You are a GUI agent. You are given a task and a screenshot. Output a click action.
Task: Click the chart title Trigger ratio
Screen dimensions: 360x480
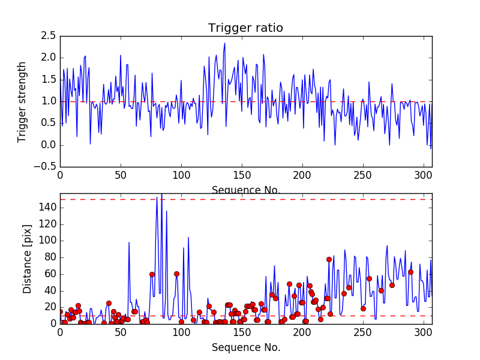(x=245, y=28)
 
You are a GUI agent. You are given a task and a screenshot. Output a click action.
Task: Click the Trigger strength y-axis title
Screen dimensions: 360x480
(x=22, y=101)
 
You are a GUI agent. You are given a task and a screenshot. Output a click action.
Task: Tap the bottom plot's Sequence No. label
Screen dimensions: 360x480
(x=246, y=347)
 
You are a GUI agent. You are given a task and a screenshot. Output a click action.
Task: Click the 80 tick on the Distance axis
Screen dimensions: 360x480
(x=50, y=257)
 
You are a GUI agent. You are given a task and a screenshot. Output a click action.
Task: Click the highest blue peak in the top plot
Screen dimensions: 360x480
(x=225, y=43)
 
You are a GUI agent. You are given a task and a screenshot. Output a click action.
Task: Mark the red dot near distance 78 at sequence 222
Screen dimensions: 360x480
(x=329, y=259)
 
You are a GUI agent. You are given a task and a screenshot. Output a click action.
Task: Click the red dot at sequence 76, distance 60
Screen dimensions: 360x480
(x=152, y=274)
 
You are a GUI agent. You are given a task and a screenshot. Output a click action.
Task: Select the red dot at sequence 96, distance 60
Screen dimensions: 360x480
(x=176, y=274)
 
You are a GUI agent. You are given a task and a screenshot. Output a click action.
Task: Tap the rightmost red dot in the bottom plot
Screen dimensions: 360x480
(x=410, y=272)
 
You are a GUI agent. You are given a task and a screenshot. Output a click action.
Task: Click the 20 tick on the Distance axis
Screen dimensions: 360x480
(x=50, y=307)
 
